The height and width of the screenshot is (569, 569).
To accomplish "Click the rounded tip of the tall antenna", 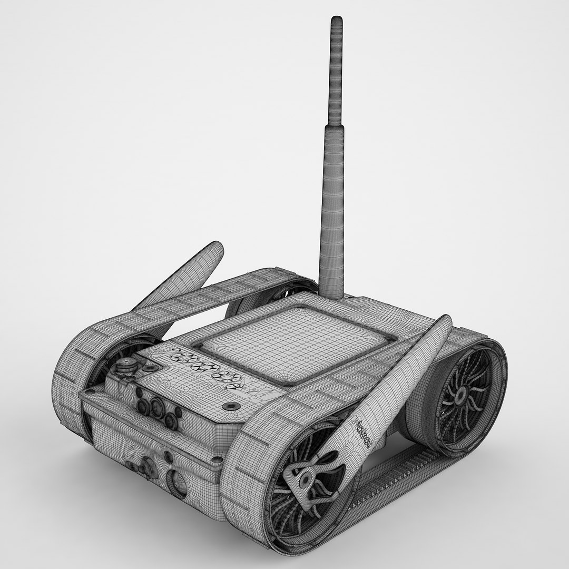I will (x=336, y=21).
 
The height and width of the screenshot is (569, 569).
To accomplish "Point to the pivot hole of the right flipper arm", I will (x=305, y=480).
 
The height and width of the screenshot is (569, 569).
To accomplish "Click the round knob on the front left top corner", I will (x=125, y=364).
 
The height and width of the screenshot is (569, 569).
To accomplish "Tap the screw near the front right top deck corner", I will (x=230, y=406).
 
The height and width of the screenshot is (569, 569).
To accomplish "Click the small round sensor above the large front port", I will (x=168, y=456).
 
